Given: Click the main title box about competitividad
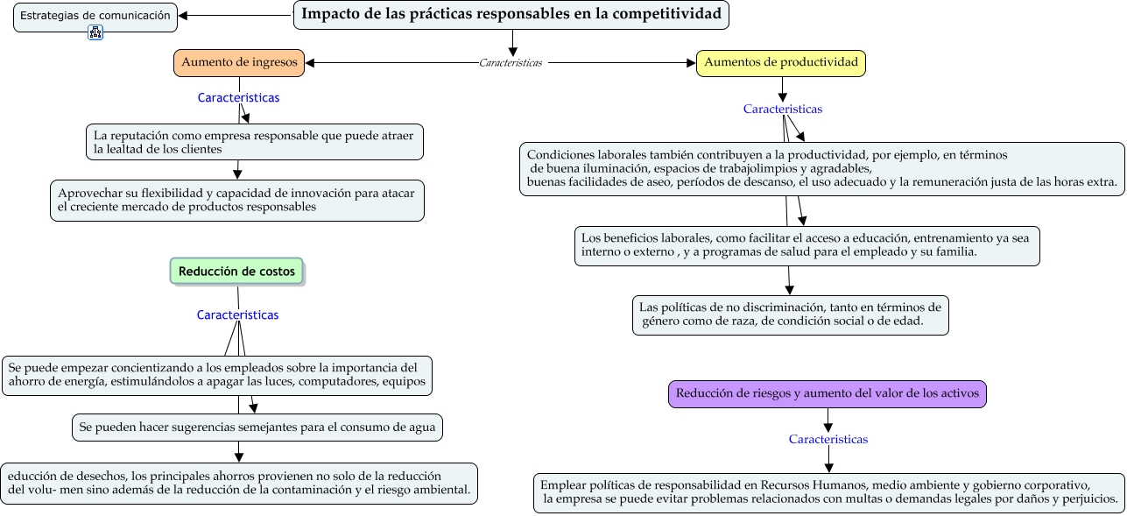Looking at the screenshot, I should coord(511,15).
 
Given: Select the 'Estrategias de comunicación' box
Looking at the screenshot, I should coord(95,16).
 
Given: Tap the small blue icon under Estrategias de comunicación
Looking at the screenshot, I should coord(95,33).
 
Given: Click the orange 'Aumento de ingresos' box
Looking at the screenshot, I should coord(239,62).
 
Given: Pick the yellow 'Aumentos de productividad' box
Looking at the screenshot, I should coord(781,62).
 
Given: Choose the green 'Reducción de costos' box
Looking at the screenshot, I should coord(236,272).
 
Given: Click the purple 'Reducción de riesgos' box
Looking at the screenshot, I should coord(828,394).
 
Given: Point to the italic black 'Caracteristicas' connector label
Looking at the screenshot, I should coord(511,63).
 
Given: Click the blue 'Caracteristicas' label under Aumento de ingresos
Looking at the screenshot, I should coord(238,98).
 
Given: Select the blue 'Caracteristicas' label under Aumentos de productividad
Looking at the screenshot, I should coord(783,110).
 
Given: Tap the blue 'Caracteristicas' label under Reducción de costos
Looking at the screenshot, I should coord(237,315).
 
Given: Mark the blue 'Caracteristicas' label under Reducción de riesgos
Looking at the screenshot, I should coord(828,439).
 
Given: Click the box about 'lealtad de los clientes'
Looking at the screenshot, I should coord(255,142).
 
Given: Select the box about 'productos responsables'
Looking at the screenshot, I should coord(237,200).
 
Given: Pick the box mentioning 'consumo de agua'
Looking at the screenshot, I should coord(257,428).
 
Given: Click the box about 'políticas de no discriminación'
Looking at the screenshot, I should coord(790,315).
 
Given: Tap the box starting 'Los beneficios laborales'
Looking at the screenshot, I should coord(807,245).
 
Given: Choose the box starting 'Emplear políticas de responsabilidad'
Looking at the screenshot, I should coord(828,492).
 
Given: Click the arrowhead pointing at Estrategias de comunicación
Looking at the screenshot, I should coord(183,16).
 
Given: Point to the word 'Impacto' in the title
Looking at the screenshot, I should coord(326,14).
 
